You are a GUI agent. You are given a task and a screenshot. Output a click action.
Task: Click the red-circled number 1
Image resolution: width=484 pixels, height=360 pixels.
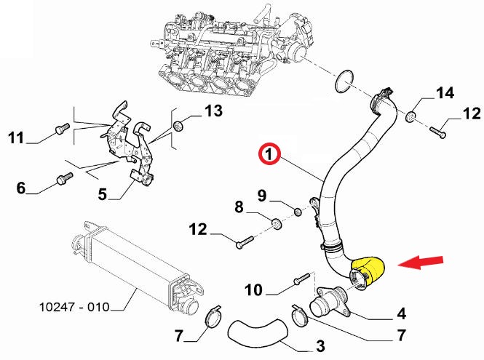coord(268,154)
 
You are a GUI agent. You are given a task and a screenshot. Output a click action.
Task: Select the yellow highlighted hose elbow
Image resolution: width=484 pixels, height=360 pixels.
coord(369,271)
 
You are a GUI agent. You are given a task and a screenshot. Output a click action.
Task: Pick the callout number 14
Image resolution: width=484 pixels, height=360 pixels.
coord(445,93)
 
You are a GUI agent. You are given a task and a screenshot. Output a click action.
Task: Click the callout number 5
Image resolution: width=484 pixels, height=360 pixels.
coord(102,194)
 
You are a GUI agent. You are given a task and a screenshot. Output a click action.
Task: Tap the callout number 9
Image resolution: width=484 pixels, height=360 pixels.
coord(263,195)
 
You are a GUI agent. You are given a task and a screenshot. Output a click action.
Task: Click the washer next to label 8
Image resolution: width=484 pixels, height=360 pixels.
coord(278,222)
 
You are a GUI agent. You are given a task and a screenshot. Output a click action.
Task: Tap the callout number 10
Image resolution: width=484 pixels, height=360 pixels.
coord(253,291)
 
